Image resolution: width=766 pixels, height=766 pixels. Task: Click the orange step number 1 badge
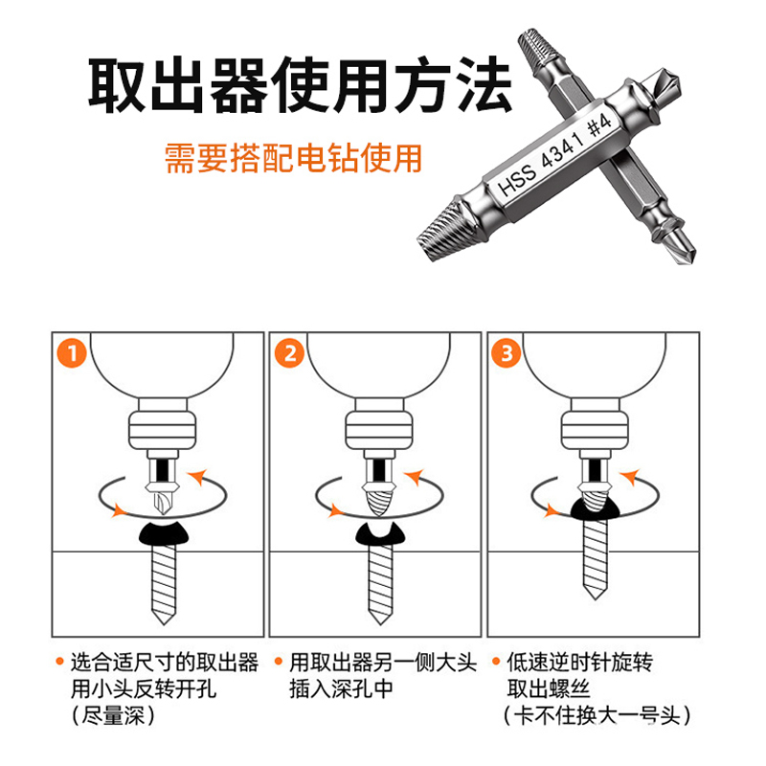pyautogui.click(x=72, y=352)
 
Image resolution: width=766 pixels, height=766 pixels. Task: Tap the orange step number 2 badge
pyautogui.click(x=289, y=352)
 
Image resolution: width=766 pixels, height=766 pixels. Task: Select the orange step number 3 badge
pyautogui.click(x=507, y=352)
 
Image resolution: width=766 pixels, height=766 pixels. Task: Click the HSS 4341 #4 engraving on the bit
pyautogui.click(x=554, y=155)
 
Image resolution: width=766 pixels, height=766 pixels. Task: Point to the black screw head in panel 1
pyautogui.click(x=164, y=533)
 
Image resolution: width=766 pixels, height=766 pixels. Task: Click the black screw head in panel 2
pyautogui.click(x=380, y=533)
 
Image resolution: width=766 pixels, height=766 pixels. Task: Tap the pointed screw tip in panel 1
pyautogui.click(x=164, y=624)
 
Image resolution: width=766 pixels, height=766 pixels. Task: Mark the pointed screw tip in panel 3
pyautogui.click(x=596, y=597)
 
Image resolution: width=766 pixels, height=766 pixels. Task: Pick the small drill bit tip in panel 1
pyautogui.click(x=162, y=502)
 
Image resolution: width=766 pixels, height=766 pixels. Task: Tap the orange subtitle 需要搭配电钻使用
pyautogui.click(x=293, y=158)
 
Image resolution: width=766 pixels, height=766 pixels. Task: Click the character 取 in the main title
pyautogui.click(x=116, y=86)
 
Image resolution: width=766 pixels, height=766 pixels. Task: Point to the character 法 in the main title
pyautogui.click(x=484, y=84)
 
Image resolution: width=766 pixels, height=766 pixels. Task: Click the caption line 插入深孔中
pyautogui.click(x=341, y=689)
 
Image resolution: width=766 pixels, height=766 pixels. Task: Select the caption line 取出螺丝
pyautogui.click(x=548, y=688)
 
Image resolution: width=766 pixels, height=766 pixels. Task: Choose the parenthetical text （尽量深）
pyautogui.click(x=113, y=716)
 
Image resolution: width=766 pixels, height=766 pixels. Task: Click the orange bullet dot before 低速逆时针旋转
pyautogui.click(x=496, y=662)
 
